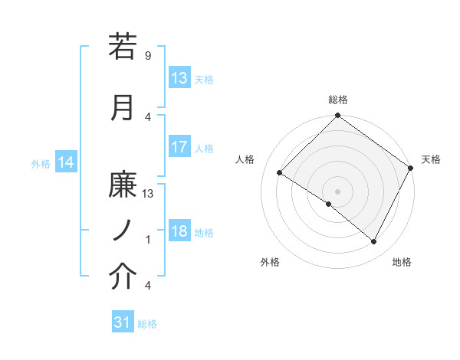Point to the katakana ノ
(x=123, y=231)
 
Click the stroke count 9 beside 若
(x=148, y=55)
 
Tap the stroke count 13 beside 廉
(x=148, y=194)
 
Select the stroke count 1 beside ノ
(x=148, y=240)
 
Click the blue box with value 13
(x=179, y=78)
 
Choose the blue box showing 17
(x=179, y=147)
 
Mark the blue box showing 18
(x=179, y=231)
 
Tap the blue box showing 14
(x=66, y=162)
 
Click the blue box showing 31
(x=123, y=323)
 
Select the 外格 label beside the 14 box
(x=41, y=163)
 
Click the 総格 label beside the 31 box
(x=147, y=324)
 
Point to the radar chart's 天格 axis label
(x=432, y=159)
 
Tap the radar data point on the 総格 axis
(x=337, y=116)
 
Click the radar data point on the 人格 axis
(x=280, y=173)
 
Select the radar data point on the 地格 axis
(x=374, y=242)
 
